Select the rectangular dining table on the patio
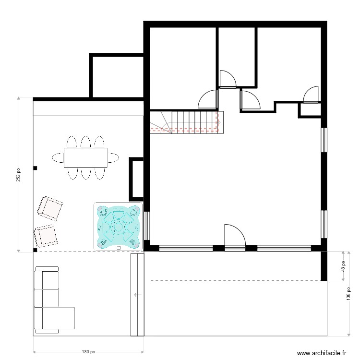85,157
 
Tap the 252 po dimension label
19,174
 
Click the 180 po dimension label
88,351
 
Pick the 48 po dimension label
344,265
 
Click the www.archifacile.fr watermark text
321,353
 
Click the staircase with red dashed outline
184,121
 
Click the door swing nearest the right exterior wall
311,95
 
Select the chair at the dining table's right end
113,157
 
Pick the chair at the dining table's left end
58,157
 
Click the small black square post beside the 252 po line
35,168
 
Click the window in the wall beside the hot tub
147,226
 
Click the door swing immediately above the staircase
209,99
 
